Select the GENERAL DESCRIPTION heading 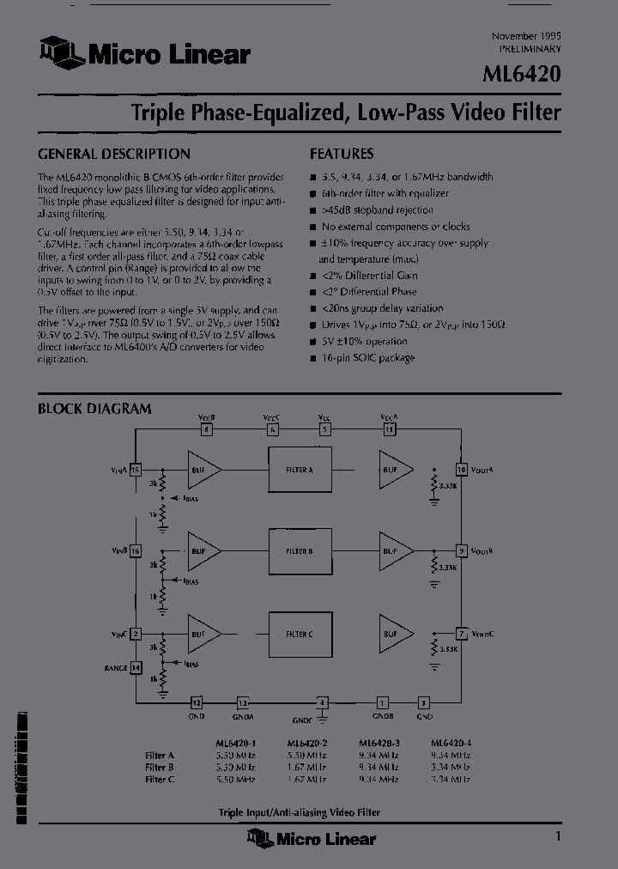pyautogui.click(x=114, y=155)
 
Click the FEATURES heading pyautogui.click(x=342, y=155)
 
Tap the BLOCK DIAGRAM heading pyautogui.click(x=94, y=409)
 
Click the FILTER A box pyautogui.click(x=299, y=470)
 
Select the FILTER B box pyautogui.click(x=299, y=550)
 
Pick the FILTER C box pyautogui.click(x=299, y=634)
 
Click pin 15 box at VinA pyautogui.click(x=136, y=470)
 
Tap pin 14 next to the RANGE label pyautogui.click(x=136, y=667)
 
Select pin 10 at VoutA pyautogui.click(x=462, y=470)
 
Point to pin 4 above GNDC pyautogui.click(x=323, y=702)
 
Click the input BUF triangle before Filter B pyautogui.click(x=203, y=550)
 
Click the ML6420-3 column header pyautogui.click(x=378, y=743)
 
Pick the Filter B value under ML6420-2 pyautogui.click(x=306, y=767)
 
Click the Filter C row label pyautogui.click(x=161, y=779)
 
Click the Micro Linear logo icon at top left pyautogui.click(x=60, y=53)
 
